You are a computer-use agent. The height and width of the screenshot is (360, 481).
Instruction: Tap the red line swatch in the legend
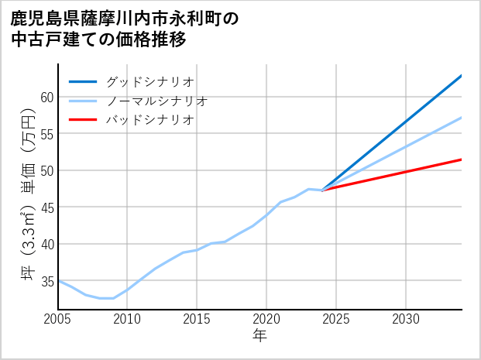(x=84, y=120)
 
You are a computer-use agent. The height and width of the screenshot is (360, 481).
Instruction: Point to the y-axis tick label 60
(x=46, y=97)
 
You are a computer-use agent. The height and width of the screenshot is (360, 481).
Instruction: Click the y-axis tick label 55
(x=46, y=133)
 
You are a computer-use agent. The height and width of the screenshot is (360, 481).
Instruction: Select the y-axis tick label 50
(x=46, y=170)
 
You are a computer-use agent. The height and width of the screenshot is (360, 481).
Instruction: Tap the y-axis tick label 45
(x=46, y=207)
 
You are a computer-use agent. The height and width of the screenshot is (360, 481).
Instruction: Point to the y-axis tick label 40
(x=46, y=244)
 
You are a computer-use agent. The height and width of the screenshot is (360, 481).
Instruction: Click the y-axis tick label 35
(x=46, y=280)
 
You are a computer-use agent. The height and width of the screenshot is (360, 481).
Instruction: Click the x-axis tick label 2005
(x=58, y=319)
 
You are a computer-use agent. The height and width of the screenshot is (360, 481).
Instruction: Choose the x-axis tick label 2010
(x=127, y=319)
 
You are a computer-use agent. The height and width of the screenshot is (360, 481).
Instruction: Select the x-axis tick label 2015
(x=197, y=319)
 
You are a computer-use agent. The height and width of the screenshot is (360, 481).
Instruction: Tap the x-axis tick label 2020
(x=266, y=319)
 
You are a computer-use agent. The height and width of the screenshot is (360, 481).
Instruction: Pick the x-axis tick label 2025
(x=336, y=319)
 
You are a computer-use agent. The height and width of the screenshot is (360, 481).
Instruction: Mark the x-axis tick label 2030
(x=406, y=319)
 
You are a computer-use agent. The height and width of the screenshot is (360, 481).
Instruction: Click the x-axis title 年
(x=260, y=336)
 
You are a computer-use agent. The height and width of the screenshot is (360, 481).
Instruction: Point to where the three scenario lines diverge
(x=322, y=190)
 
